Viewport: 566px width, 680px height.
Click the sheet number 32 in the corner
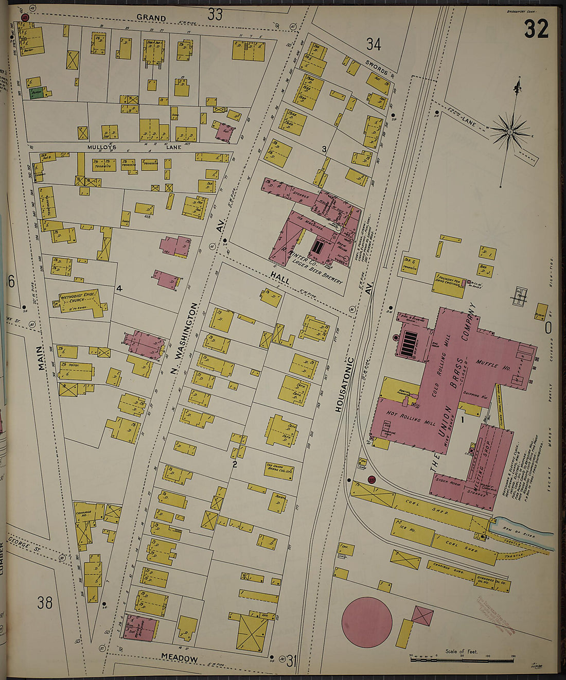pos(536,29)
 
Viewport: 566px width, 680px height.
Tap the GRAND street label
pos(151,18)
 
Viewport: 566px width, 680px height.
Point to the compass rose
pos(510,131)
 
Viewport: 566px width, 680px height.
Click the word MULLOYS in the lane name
pos(101,147)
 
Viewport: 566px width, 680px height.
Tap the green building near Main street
pos(36,93)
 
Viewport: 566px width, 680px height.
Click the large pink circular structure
pos(367,622)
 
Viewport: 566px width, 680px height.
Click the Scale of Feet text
pos(462,651)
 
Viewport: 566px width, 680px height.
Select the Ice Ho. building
pos(414,532)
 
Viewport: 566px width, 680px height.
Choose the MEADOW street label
pos(179,658)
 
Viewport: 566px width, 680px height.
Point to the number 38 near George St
pos(45,602)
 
